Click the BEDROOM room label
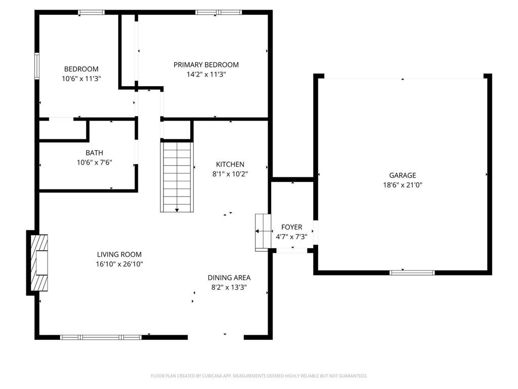[81, 69]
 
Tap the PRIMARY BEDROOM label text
[206, 65]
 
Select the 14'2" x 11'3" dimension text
[206, 74]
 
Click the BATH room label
[94, 152]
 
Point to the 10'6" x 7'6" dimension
[94, 163]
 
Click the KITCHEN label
[230, 164]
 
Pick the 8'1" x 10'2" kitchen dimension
[230, 174]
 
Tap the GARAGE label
[402, 175]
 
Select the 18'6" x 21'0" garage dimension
[402, 185]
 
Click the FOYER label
[292, 227]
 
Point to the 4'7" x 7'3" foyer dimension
[292, 237]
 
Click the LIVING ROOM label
[119, 254]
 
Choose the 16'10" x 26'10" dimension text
[119, 264]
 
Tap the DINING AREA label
[229, 278]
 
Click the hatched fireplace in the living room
[39, 262]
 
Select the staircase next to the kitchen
[177, 176]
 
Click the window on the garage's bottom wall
[412, 273]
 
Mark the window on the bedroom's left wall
[36, 66]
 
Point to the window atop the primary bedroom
[219, 12]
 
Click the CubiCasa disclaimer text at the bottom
[259, 376]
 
